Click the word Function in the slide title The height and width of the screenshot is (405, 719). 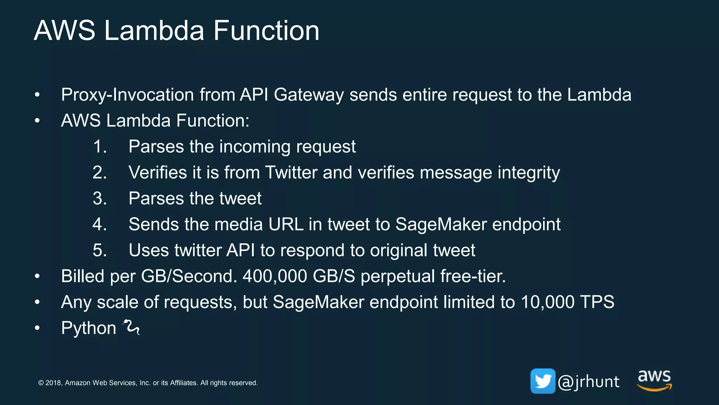click(x=266, y=31)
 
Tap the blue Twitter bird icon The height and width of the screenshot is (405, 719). click(x=543, y=381)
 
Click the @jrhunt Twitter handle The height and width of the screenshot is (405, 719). click(x=589, y=382)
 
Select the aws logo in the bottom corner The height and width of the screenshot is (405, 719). click(x=654, y=380)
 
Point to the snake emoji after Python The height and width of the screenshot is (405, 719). click(x=131, y=327)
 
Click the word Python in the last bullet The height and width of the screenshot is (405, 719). click(x=88, y=328)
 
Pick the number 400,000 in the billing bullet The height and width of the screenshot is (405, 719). click(x=275, y=276)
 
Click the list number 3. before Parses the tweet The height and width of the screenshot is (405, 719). click(x=100, y=199)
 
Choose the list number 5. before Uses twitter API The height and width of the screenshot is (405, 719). click(x=100, y=250)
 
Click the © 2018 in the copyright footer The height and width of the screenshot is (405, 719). click(x=50, y=383)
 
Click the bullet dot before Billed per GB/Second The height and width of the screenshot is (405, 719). click(x=37, y=276)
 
